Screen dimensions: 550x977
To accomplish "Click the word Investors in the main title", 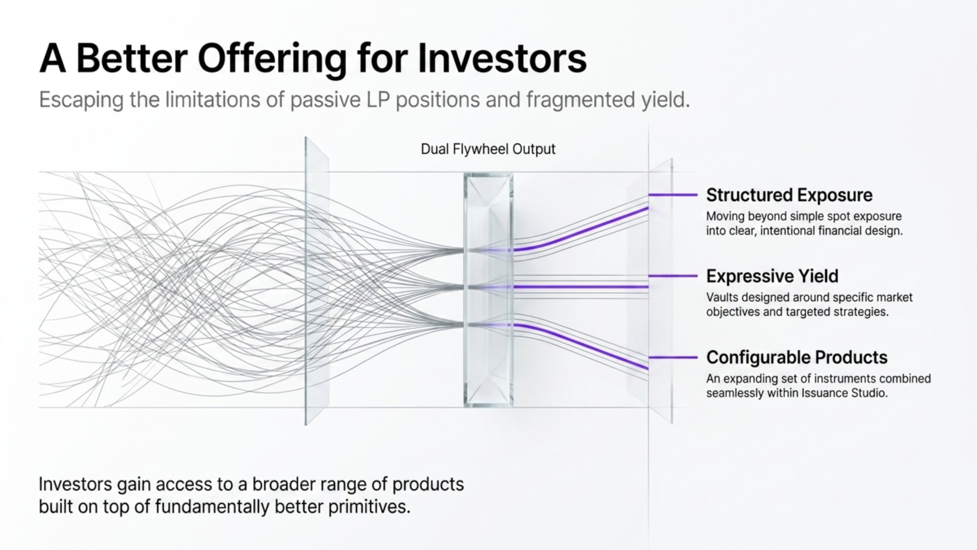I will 502,59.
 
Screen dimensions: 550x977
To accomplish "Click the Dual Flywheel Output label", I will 488,149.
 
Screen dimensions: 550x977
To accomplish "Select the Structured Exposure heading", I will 789,195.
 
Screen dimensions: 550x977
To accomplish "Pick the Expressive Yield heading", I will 772,276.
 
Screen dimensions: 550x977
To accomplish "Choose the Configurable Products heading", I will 797,358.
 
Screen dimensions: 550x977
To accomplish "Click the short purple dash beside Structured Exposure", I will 673,195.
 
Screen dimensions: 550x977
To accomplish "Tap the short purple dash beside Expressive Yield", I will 673,276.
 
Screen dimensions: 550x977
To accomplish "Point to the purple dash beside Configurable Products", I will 673,357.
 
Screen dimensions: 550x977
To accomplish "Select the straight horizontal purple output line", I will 582,287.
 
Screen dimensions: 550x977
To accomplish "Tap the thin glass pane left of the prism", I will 317,282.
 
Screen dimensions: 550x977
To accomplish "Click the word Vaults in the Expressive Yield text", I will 721,297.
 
